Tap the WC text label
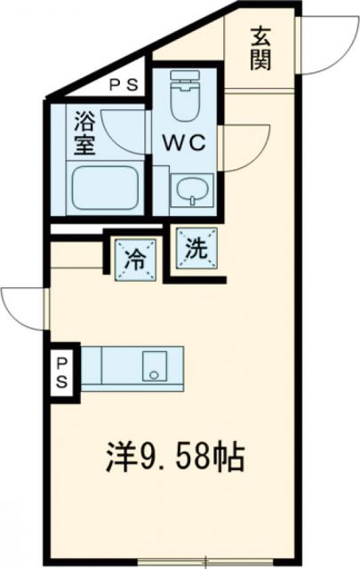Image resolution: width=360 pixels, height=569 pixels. coord(184,140)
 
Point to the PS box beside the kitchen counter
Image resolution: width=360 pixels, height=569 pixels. coord(63,373)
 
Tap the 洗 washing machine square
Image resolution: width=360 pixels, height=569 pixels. coord(196,248)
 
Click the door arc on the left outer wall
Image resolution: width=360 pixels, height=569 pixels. coord(22,307)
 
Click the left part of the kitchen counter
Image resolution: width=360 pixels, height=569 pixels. coord(107,365)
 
